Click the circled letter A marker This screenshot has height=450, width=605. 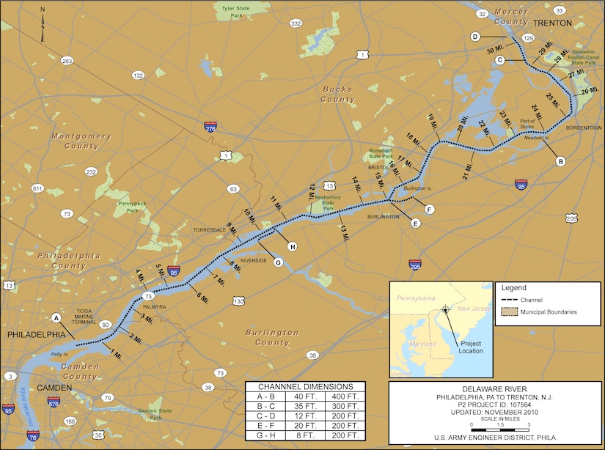pos(56,318)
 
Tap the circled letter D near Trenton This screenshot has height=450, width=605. pos(475,37)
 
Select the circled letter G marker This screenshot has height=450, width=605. pos(278,262)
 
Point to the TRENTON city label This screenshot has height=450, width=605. pos(552,23)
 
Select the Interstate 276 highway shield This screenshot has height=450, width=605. pos(211,127)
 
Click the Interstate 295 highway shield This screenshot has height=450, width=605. pos(415,263)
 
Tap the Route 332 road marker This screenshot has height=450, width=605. pos(296,24)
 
